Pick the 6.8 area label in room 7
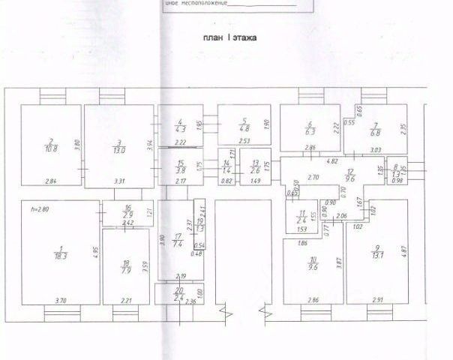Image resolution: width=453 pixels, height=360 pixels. click(376, 133)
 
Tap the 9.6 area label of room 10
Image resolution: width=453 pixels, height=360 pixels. click(312, 264)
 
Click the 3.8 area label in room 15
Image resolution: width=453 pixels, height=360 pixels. click(179, 169)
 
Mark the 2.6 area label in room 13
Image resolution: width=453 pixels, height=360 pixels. click(256, 169)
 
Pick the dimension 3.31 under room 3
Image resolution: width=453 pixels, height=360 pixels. click(118, 181)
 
